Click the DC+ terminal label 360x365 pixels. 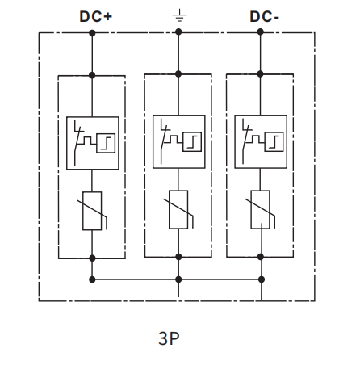click(95, 16)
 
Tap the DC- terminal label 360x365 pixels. click(264, 16)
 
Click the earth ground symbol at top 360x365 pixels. click(179, 15)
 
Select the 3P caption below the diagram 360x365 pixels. click(169, 338)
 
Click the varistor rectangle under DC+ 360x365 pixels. click(92, 211)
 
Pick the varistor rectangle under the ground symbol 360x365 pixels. click(178, 210)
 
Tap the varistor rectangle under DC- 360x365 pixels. click(260, 210)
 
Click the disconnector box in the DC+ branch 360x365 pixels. click(93, 143)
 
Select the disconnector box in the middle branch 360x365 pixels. click(179, 142)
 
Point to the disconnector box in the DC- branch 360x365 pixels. click(261, 142)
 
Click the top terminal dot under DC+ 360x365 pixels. click(92, 33)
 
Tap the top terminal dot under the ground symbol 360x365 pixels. click(178, 32)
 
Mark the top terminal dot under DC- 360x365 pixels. click(260, 31)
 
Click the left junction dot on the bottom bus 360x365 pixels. click(92, 279)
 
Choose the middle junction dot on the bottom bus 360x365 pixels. click(178, 279)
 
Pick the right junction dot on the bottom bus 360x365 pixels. click(261, 279)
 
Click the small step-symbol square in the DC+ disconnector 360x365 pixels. click(106, 143)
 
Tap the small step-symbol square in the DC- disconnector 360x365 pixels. click(274, 142)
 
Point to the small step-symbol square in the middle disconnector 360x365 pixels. click(192, 142)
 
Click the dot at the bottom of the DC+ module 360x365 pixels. click(92, 258)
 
